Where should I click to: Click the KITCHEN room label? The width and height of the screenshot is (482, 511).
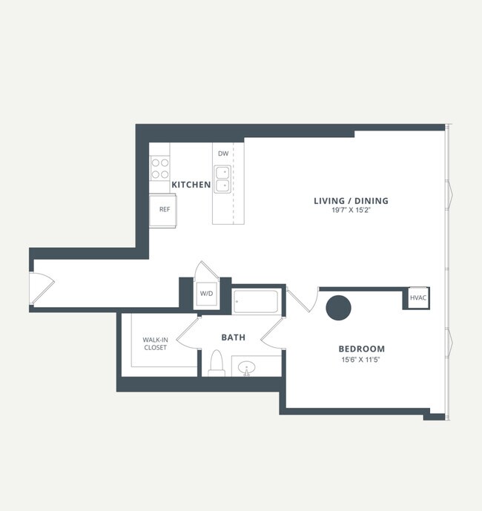(191, 185)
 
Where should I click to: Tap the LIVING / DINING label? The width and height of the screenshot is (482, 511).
(351, 200)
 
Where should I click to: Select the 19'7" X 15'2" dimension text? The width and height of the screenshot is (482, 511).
(351, 211)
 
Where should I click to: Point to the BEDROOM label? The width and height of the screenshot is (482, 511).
(362, 349)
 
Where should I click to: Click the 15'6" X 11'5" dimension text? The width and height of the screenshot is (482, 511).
(362, 360)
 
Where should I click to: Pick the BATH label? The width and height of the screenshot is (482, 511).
(233, 337)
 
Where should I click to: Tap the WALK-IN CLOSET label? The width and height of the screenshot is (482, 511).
(155, 343)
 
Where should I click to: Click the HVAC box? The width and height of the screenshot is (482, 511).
(417, 298)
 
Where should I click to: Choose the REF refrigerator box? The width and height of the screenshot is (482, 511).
(164, 209)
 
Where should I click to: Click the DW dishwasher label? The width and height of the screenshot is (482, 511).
(222, 154)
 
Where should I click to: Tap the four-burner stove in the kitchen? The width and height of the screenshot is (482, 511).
(160, 169)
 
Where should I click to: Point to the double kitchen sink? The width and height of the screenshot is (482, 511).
(222, 179)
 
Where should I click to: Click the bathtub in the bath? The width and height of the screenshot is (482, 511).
(256, 301)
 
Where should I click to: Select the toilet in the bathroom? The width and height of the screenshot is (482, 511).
(217, 363)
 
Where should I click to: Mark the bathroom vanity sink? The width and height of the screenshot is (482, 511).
(247, 366)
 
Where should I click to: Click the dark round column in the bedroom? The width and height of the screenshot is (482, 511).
(339, 308)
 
